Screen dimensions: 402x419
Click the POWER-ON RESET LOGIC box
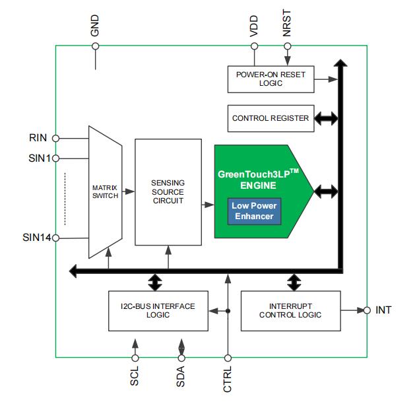coord(271,79)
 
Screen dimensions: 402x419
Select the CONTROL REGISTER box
coord(271,118)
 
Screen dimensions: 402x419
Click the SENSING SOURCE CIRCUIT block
coord(168,191)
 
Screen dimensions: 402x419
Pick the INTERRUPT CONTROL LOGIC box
coord(290,310)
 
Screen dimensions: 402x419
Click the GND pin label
coord(95,25)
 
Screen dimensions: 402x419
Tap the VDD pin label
coord(254,26)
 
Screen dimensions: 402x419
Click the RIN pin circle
coord(55,139)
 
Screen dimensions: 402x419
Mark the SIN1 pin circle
coord(55,158)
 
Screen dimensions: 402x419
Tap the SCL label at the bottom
coord(135,377)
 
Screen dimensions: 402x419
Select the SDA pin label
coord(181,377)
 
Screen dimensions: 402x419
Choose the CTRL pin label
coord(228,379)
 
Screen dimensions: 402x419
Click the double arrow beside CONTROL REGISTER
coord(326,119)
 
